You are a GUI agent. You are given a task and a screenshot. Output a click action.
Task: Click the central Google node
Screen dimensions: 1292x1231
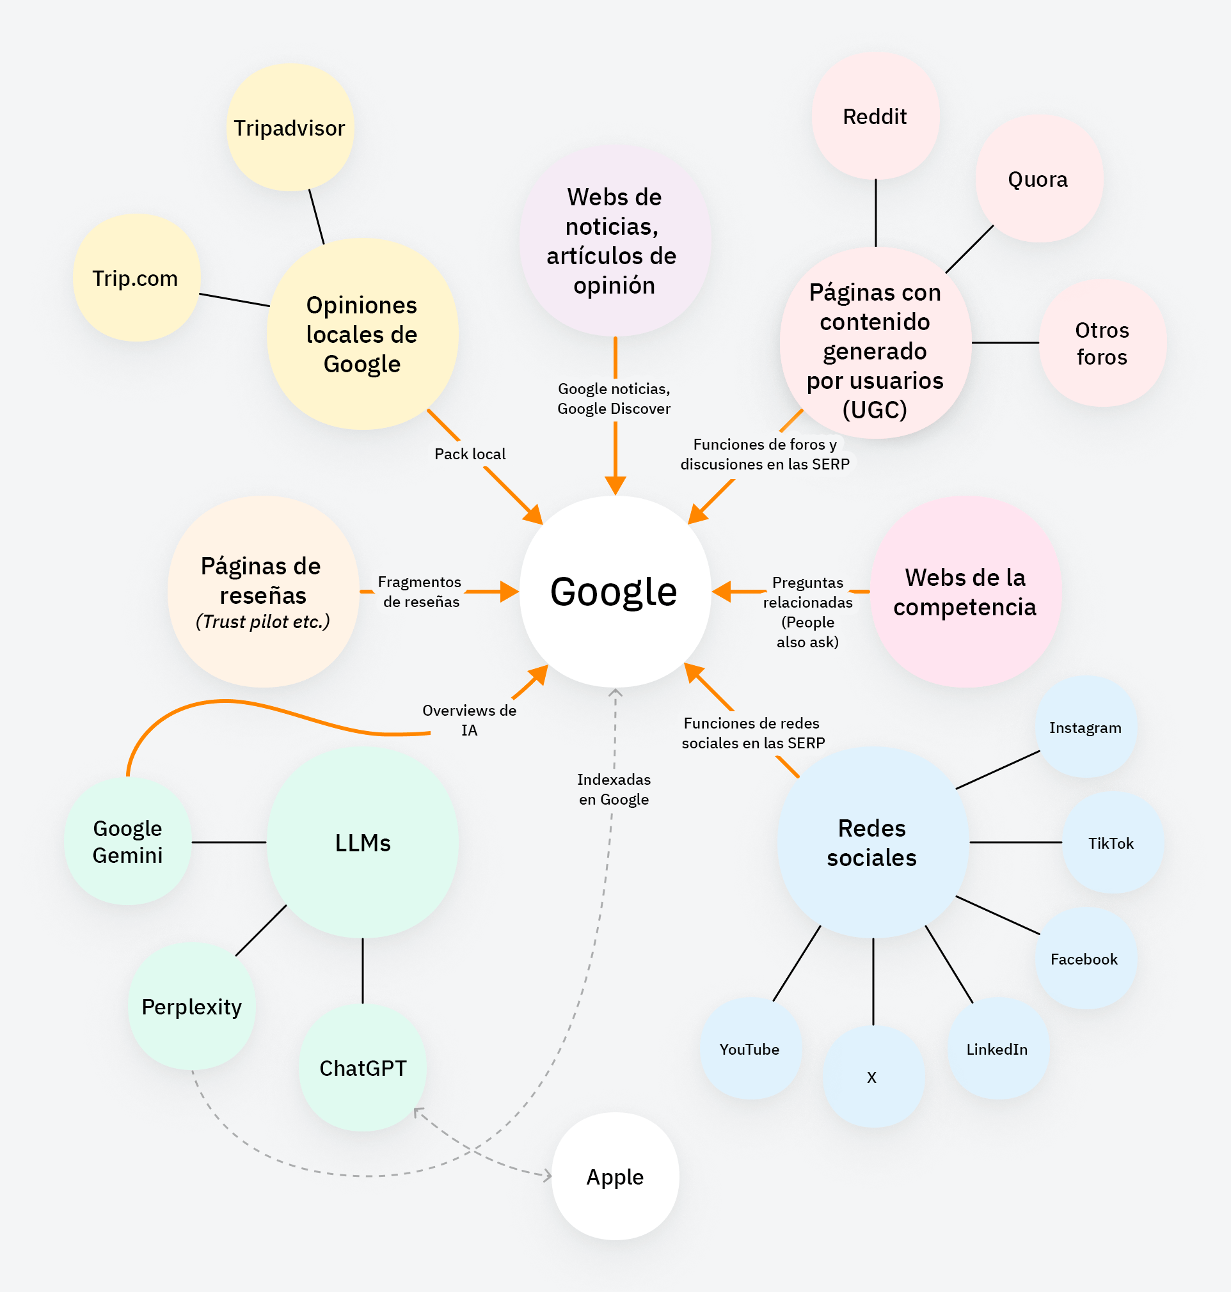click(615, 592)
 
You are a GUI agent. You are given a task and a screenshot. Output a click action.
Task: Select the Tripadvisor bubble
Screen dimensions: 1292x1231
click(289, 128)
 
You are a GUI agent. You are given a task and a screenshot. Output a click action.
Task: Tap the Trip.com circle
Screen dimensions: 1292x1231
click(136, 278)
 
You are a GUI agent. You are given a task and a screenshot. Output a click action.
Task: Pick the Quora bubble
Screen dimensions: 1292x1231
click(1038, 179)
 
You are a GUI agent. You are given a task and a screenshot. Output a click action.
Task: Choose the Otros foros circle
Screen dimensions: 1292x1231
click(1102, 343)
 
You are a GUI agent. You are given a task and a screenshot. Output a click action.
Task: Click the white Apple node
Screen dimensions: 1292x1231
click(615, 1177)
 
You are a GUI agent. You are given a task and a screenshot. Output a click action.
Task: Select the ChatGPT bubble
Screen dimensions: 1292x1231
click(363, 1067)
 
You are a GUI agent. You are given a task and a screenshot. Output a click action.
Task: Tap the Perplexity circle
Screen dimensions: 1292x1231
click(191, 1006)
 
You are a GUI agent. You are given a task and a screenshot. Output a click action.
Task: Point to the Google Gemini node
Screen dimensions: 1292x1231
click(128, 842)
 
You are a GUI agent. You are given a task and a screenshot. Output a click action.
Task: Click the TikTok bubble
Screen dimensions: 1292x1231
click(1111, 843)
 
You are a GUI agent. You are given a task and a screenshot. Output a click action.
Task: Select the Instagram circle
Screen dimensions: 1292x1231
click(1085, 727)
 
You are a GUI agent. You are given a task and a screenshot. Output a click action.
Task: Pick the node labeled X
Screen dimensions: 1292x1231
click(872, 1077)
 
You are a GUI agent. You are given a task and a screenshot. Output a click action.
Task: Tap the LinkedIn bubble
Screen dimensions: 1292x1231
click(997, 1049)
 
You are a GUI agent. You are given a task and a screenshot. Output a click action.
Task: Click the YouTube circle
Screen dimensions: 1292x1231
click(750, 1049)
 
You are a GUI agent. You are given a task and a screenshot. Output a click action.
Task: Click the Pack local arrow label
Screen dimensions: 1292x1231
click(470, 454)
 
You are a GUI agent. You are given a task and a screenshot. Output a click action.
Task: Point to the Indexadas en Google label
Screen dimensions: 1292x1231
click(614, 789)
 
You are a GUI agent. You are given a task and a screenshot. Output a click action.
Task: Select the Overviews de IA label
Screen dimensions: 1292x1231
click(469, 720)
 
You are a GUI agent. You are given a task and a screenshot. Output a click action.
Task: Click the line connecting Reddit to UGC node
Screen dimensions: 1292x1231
click(876, 213)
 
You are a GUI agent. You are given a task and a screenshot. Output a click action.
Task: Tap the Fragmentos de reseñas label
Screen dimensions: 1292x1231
click(420, 592)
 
